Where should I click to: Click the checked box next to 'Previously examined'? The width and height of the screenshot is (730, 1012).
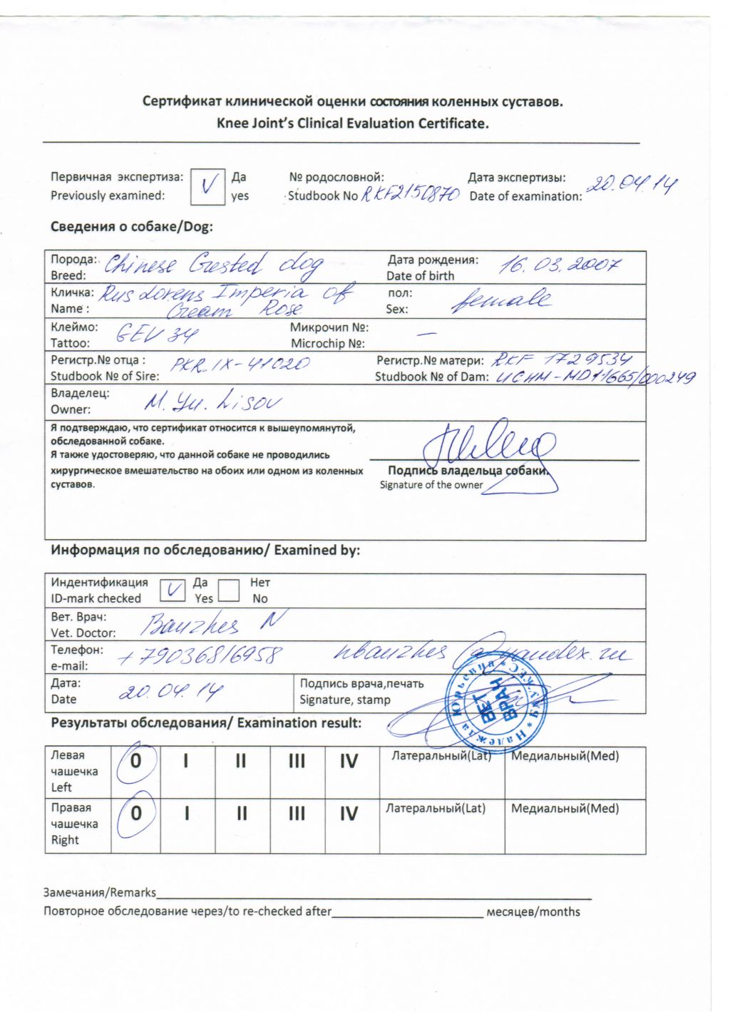tap(207, 188)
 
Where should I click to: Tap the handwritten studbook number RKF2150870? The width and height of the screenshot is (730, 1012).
tap(410, 194)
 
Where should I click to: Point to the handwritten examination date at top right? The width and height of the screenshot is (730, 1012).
tap(631, 185)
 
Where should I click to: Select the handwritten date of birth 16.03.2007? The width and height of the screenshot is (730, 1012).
tap(559, 266)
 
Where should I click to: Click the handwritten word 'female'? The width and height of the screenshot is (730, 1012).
tap(500, 300)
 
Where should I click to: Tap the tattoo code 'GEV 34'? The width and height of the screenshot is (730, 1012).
tap(157, 333)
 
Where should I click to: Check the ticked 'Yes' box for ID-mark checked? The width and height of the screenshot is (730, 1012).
tap(172, 590)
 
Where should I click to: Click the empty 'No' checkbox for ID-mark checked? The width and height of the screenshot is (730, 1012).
tap(228, 591)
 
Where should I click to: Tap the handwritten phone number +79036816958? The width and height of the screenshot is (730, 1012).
tap(200, 655)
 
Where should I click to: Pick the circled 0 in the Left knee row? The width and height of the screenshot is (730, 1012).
tap(135, 762)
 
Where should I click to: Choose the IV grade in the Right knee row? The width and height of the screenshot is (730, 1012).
tap(349, 814)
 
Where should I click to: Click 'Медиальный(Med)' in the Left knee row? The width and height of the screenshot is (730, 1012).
tap(565, 756)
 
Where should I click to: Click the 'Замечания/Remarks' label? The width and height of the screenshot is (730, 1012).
tap(100, 892)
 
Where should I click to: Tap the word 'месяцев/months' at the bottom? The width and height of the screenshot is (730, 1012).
tap(533, 911)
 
